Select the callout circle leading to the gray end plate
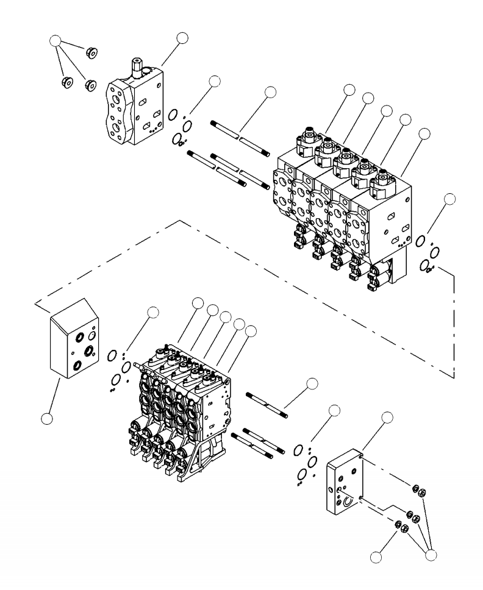coord(46,418)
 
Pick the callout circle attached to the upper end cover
coord(182,38)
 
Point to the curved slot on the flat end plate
coord(348,501)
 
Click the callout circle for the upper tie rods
coord(271,92)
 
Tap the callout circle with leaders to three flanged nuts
coord(55,41)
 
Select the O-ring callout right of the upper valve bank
coord(449,199)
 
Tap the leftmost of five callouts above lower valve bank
coord(198,303)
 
